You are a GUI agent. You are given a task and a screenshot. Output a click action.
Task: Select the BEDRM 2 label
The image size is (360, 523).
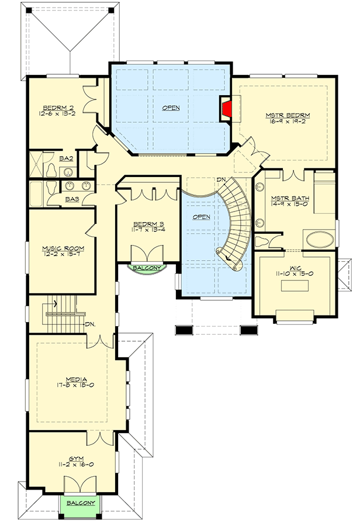point(57,108)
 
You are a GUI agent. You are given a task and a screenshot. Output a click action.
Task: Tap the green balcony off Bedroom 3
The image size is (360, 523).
point(143,268)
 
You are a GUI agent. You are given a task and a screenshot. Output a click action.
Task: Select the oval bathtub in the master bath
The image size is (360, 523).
point(319,240)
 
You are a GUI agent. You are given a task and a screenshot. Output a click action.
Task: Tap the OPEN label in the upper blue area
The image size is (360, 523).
point(171,108)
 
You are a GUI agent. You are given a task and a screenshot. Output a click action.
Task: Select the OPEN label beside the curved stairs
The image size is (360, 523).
point(201,216)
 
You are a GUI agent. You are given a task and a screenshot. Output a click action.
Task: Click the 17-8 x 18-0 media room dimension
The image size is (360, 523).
point(77,386)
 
